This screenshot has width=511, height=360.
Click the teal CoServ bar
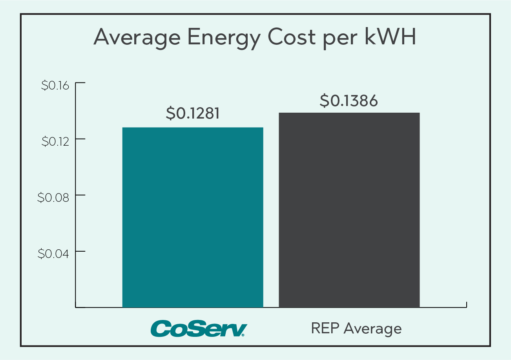pyautogui.click(x=193, y=217)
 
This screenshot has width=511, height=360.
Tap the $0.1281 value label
pyautogui.click(x=192, y=113)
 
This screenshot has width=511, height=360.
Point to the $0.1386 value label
pyautogui.click(x=349, y=101)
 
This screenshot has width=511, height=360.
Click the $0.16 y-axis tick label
pyautogui.click(x=55, y=85)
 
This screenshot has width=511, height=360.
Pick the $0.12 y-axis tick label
pyautogui.click(x=55, y=141)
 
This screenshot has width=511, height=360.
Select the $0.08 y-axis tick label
pyautogui.click(x=53, y=197)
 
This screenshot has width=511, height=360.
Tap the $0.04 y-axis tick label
pyautogui.click(x=53, y=254)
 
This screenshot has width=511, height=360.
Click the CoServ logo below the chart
pyautogui.click(x=199, y=328)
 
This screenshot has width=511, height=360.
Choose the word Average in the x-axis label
pyautogui.click(x=372, y=329)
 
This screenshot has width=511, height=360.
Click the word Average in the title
pyautogui.click(x=136, y=38)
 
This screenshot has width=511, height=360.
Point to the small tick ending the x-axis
pyautogui.click(x=466, y=305)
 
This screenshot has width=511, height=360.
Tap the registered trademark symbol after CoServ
pyautogui.click(x=244, y=335)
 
